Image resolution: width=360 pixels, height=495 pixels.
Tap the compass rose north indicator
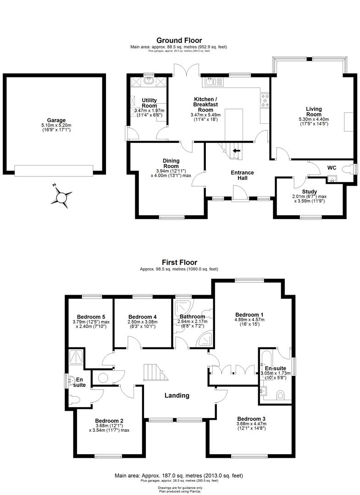pos(61,198)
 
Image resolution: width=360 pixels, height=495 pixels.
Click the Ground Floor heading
pos(179,40)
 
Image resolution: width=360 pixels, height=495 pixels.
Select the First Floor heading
pos(179,263)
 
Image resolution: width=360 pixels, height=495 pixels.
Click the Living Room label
pos(314,111)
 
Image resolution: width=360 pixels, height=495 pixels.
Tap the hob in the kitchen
pos(265,100)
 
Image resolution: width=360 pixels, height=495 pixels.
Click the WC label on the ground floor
pos(332,168)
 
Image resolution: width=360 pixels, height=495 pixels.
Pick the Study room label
pos(310,192)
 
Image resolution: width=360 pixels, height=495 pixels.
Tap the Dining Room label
pos(171,163)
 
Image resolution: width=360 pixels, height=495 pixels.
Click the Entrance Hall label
pos(242,175)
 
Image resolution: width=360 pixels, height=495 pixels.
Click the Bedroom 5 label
pos(91,317)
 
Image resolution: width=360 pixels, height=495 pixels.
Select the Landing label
pos(177,396)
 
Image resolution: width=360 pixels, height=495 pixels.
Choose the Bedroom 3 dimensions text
pos(251,426)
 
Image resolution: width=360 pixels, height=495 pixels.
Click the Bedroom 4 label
pos(143,317)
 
